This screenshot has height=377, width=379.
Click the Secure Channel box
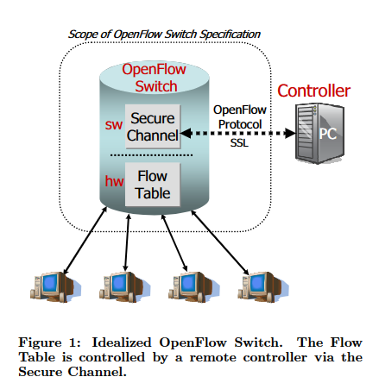click(151, 126)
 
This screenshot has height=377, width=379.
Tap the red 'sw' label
click(114, 125)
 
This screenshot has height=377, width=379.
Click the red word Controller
click(313, 90)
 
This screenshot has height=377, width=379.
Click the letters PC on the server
click(324, 134)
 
